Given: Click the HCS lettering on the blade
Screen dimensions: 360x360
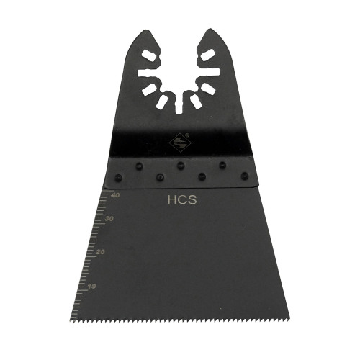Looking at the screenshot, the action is [182, 199].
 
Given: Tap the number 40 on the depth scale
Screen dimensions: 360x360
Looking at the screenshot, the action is [115, 195].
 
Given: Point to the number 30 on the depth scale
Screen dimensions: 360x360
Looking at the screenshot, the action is [109, 219].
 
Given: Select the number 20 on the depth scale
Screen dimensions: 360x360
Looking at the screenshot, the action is [100, 252].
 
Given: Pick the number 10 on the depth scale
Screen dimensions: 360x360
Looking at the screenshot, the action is [91, 287].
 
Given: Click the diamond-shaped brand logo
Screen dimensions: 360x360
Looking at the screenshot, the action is [180, 143].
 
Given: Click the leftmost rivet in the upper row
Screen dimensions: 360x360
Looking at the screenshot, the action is [139, 166].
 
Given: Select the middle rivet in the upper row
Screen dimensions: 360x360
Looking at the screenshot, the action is [181, 166].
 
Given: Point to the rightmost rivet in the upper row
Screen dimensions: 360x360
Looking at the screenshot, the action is [222, 165].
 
